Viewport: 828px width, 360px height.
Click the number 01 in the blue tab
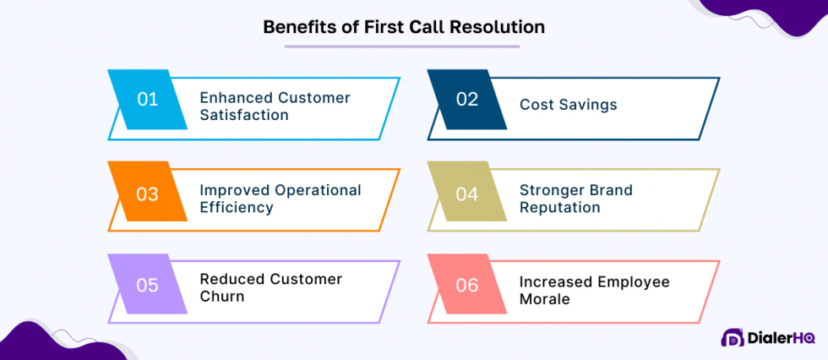tap(148, 99)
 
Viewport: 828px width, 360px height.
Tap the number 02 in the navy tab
tap(467, 99)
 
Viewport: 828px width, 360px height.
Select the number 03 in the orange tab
tap(148, 194)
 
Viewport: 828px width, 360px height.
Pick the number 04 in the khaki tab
tap(467, 194)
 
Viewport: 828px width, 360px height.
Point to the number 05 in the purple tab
tap(148, 285)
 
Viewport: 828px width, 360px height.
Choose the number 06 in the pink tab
tap(467, 285)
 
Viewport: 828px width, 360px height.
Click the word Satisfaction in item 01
tap(244, 115)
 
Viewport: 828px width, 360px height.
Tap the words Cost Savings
tap(568, 105)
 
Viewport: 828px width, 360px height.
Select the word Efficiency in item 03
tap(237, 208)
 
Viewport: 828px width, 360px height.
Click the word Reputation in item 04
tap(560, 208)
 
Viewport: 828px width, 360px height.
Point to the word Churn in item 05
tap(222, 297)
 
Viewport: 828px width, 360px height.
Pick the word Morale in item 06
tap(545, 299)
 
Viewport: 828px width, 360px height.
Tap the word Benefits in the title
tap(296, 26)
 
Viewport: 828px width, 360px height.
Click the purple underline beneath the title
tap(403, 46)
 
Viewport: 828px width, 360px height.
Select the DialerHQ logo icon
tap(732, 338)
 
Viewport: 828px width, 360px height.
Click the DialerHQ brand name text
tap(781, 338)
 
